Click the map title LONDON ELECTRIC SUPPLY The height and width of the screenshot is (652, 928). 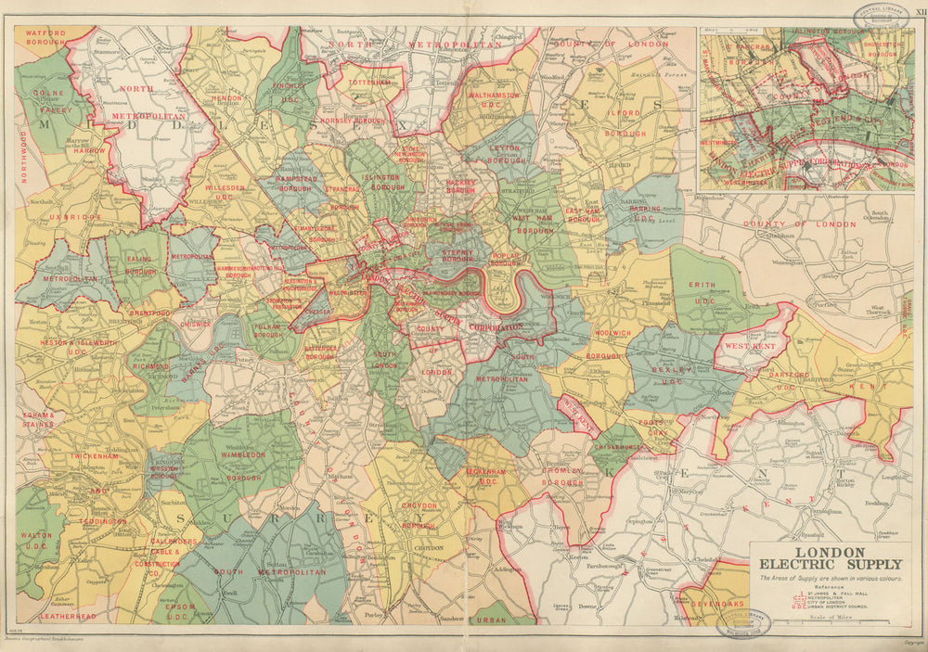point(831,556)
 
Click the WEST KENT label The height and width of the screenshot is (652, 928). point(750,346)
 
